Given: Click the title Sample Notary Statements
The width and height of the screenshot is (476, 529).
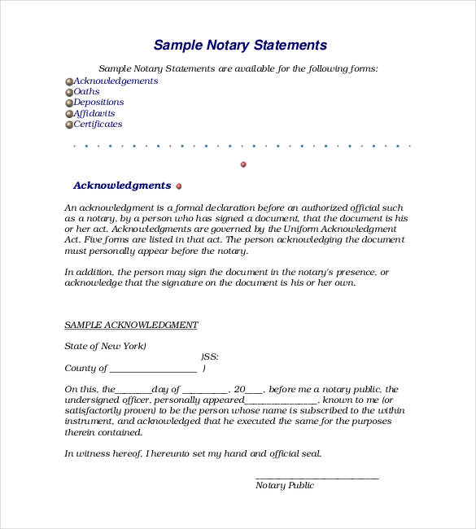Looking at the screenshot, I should [240, 46].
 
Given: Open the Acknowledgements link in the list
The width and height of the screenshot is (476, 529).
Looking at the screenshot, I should [116, 81].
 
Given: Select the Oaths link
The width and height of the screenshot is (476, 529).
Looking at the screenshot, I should [86, 92].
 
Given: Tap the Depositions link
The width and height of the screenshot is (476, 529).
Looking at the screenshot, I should [98, 103].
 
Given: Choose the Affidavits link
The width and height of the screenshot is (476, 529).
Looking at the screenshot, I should [94, 114].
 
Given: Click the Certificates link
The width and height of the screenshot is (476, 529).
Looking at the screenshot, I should [98, 125].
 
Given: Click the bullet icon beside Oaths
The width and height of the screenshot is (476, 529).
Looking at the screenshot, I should [68, 93].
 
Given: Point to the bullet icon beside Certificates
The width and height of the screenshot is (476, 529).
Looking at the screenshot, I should [68, 125].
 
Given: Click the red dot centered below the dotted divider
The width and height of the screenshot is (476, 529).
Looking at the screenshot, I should [243, 164].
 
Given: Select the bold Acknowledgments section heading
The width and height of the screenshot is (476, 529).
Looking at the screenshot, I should [122, 186].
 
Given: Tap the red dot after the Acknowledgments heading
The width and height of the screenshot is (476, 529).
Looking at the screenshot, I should [179, 186].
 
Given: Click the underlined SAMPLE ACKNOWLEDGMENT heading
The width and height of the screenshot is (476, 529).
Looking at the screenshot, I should [131, 326].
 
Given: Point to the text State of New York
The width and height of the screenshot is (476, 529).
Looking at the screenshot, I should [105, 347].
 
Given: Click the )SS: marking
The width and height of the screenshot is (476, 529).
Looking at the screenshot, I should [209, 357].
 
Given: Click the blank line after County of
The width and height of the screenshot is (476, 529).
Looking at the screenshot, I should [153, 369].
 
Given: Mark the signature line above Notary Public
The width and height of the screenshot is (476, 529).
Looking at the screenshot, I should [317, 477].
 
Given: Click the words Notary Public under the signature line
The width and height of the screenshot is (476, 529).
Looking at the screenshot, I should [284, 486].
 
